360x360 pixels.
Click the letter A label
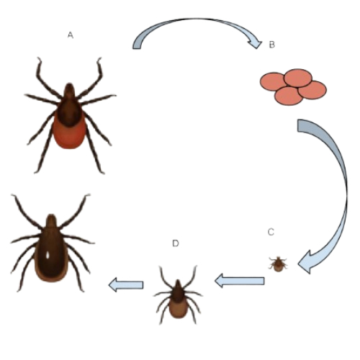click(70, 35)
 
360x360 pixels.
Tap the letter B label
click(271, 45)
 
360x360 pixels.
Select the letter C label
click(271, 232)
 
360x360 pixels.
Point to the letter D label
click(176, 243)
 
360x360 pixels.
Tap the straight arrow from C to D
click(240, 281)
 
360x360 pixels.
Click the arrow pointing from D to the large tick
click(126, 285)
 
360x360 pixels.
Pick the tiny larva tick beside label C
click(278, 264)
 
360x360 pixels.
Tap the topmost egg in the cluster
click(298, 78)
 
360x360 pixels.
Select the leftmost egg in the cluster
click(272, 81)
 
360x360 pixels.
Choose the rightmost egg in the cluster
click(313, 90)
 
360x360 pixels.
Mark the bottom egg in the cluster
click(289, 96)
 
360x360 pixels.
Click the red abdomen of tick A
click(70, 135)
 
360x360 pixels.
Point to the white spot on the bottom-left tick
click(48, 255)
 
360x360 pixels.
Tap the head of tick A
click(69, 91)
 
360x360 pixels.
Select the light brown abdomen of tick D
click(178, 310)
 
